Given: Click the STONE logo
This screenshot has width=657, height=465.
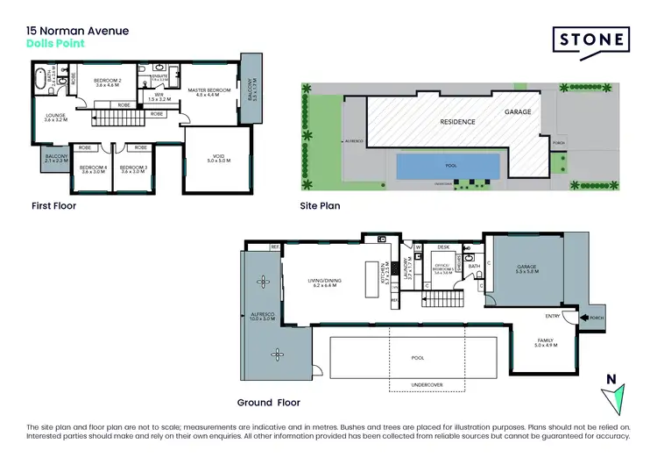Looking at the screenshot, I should pyautogui.click(x=592, y=40).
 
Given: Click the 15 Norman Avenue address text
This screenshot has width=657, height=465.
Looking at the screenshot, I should pyautogui.click(x=77, y=31).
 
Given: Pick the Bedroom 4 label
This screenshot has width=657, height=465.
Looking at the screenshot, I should pyautogui.click(x=92, y=169).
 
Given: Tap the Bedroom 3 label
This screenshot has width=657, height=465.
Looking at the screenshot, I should pyautogui.click(x=132, y=169).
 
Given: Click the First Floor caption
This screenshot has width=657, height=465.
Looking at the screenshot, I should pyautogui.click(x=53, y=207).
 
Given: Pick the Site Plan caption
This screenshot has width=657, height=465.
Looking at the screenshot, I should pyautogui.click(x=320, y=207).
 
